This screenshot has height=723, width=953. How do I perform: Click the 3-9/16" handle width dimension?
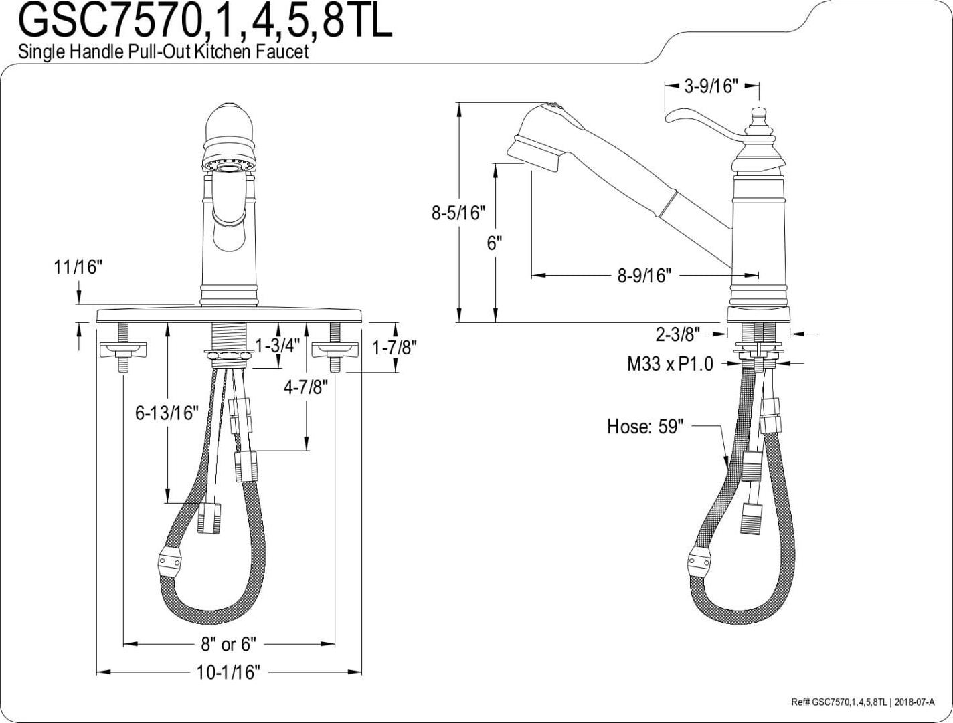pyautogui.click(x=711, y=86)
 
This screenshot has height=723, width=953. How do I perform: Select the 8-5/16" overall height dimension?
pyautogui.click(x=458, y=213)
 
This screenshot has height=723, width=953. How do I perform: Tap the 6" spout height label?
pyautogui.click(x=495, y=243)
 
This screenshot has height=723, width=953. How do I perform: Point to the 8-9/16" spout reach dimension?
pyautogui.click(x=644, y=276)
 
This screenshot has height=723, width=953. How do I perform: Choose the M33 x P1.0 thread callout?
pyautogui.click(x=670, y=364)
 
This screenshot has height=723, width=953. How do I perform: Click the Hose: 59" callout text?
pyautogui.click(x=645, y=427)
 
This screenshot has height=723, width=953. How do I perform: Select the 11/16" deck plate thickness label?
pyautogui.click(x=78, y=267)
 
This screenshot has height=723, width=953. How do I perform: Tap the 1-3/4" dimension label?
pyautogui.click(x=278, y=346)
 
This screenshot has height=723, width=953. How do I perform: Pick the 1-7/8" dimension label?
pyautogui.click(x=395, y=347)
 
